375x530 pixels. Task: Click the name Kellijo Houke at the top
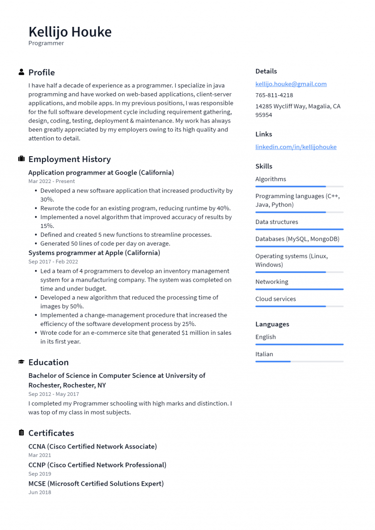pyautogui.click(x=70, y=32)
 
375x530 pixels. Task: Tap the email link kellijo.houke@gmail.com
pyautogui.click(x=291, y=84)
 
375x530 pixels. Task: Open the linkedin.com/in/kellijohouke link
pyautogui.click(x=295, y=147)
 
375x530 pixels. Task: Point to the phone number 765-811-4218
pyautogui.click(x=274, y=95)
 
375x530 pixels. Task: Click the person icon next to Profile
pyautogui.click(x=21, y=72)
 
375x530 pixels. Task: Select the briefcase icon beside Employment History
pyautogui.click(x=21, y=159)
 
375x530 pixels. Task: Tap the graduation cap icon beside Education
pyautogui.click(x=21, y=362)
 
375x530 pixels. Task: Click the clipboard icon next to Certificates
pyautogui.click(x=21, y=433)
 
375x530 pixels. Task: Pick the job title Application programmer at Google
pyautogui.click(x=101, y=172)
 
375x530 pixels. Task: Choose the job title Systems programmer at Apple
pyautogui.click(x=94, y=253)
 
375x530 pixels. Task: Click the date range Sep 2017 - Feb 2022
pyautogui.click(x=53, y=262)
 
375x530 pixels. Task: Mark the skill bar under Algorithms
pyautogui.click(x=299, y=186)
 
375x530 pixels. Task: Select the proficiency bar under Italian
pyautogui.click(x=299, y=362)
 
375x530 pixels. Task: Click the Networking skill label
pyautogui.click(x=271, y=282)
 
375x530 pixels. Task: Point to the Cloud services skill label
pyautogui.click(x=275, y=299)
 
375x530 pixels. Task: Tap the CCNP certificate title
pyautogui.click(x=97, y=465)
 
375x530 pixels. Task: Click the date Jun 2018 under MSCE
pyautogui.click(x=40, y=492)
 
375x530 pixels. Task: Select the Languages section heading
pyautogui.click(x=272, y=324)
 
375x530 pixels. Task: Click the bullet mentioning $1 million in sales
pyautogui.click(x=135, y=337)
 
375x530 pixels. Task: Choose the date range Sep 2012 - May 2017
pyautogui.click(x=53, y=394)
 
